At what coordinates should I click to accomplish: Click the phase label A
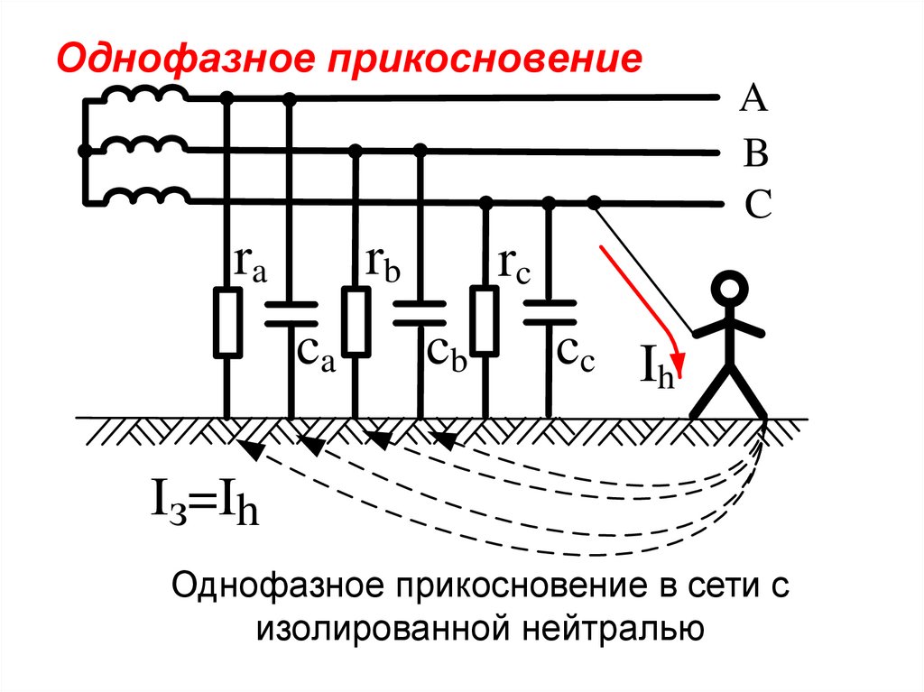753,100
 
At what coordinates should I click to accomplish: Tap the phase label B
754,154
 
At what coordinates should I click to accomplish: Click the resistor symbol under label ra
226,321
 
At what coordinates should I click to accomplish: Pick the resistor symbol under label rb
356,321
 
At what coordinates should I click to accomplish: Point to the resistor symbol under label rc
485,321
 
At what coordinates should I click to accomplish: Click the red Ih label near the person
660,370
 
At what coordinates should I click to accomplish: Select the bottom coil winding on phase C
144,197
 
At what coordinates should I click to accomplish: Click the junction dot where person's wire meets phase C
594,202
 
